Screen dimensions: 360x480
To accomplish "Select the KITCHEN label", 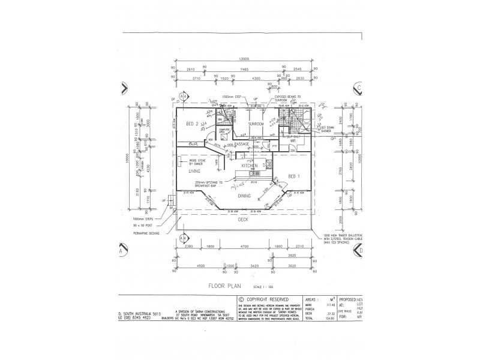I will click(250, 165).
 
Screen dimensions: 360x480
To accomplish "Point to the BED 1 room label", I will click(294, 176).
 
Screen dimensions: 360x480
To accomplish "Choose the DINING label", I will click(244, 196).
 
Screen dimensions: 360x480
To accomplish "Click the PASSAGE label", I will click(242, 145).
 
